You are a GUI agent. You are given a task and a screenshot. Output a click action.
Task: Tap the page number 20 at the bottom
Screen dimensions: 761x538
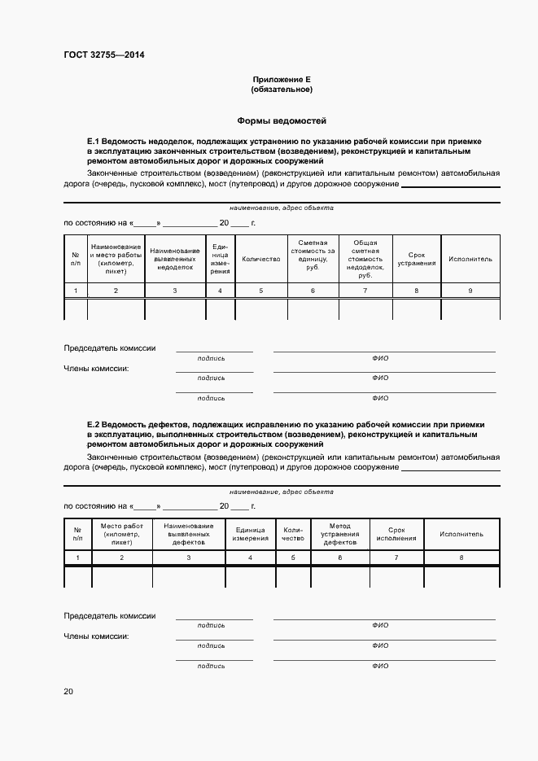pos(68,692)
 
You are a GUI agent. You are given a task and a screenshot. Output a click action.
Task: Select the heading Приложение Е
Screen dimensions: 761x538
pos(282,80)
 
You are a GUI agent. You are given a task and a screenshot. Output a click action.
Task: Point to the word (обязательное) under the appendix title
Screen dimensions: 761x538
pos(282,90)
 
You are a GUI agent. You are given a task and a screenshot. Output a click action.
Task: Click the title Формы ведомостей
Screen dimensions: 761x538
pos(282,120)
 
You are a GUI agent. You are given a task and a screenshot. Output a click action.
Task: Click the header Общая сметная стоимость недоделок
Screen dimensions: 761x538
pos(365,259)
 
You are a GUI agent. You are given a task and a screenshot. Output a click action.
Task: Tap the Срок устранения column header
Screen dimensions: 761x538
pos(417,259)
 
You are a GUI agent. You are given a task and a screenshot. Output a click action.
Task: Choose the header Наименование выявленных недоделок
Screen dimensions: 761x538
pos(175,259)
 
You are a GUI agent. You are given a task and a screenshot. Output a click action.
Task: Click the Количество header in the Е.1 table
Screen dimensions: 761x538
pos(260,259)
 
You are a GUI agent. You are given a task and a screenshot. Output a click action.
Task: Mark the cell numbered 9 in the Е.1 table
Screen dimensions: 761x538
pos(470,291)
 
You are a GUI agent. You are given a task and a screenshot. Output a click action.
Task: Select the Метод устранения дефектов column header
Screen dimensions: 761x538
pos(339,534)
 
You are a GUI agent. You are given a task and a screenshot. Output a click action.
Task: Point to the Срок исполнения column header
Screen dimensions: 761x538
pos(396,534)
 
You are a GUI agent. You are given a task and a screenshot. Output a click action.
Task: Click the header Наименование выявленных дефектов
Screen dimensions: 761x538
pos(188,534)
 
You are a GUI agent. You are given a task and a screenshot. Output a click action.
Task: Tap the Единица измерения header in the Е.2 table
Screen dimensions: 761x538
pos(250,534)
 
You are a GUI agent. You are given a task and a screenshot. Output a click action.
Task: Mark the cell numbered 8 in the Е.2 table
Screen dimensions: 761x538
pos(461,558)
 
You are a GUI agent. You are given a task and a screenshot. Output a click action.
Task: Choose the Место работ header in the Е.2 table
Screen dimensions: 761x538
pos(121,534)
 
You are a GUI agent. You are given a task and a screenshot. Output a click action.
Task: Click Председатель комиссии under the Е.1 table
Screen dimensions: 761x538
pos(109,348)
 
